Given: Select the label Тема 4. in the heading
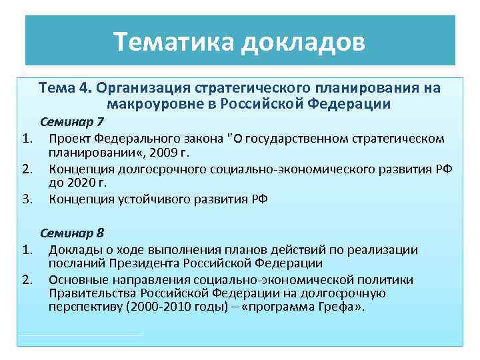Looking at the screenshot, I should click(x=66, y=89).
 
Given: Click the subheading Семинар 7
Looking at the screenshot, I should click(x=72, y=122).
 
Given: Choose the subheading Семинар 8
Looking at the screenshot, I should click(x=72, y=233).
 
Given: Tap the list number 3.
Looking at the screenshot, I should click(x=27, y=199).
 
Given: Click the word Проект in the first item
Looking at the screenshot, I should click(x=70, y=139).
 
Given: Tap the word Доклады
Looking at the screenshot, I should click(x=73, y=250).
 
